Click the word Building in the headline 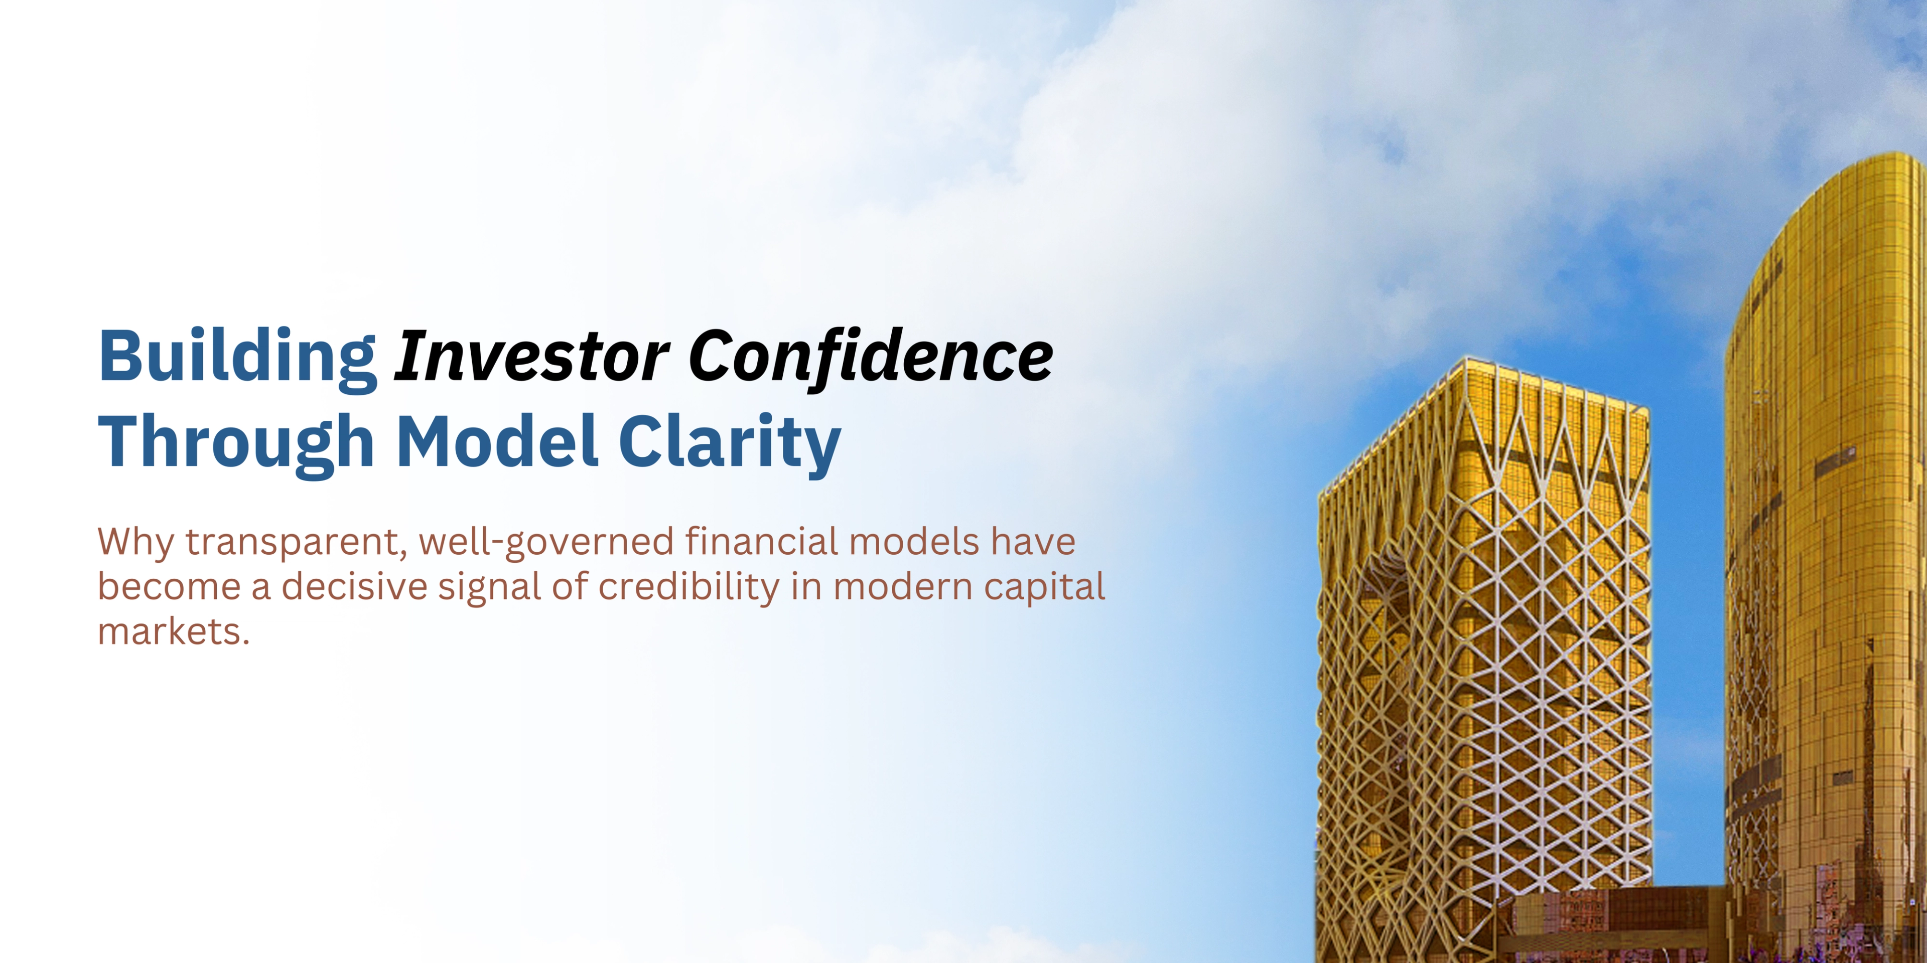click(x=237, y=357)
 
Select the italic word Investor click(x=531, y=357)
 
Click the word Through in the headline click(x=236, y=442)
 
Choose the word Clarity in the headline click(x=729, y=442)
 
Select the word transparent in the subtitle click(x=296, y=543)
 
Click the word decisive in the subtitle click(x=354, y=587)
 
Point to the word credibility click(x=688, y=587)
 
